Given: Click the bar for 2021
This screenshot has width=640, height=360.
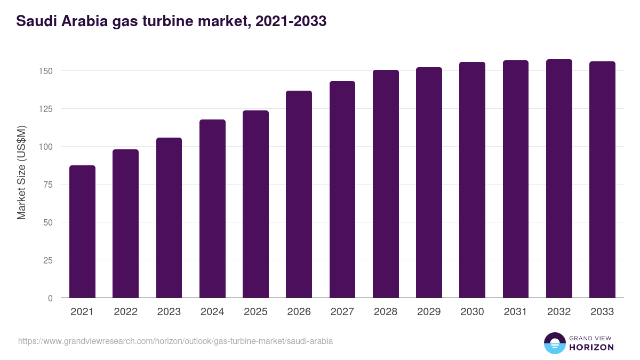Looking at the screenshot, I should pos(82,232).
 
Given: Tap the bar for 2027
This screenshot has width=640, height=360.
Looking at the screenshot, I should pos(342,190).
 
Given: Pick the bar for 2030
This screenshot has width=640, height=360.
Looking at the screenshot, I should pos(472,180).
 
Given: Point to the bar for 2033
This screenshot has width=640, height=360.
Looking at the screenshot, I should pos(602,180).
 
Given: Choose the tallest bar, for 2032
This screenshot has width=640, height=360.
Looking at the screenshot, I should pos(559,179).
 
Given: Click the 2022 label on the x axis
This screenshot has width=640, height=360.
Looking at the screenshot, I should pos(125,312).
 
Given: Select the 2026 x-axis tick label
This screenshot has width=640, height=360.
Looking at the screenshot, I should pos(299,312).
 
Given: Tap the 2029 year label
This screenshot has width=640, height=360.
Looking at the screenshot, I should pos(429,312).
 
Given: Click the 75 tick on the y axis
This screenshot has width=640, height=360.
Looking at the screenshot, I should pos(49,185).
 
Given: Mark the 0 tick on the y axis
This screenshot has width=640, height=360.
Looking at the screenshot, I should pos(51,298).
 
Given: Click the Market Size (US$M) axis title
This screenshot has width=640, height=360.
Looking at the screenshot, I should pos(22,172).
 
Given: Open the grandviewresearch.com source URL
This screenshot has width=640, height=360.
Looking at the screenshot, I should pos(175,341).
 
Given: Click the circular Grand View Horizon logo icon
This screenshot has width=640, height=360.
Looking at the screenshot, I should pos(554,343).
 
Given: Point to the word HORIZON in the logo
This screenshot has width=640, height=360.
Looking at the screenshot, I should pos(591,347).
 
